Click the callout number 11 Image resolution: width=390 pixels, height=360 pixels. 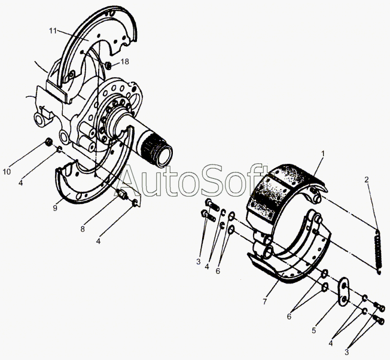[x=53, y=31]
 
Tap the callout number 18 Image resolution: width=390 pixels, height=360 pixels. [x=125, y=62]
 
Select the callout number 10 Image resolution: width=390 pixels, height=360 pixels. [x=7, y=172]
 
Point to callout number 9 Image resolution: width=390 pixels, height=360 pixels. [x=55, y=208]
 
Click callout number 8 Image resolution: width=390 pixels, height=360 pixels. [x=83, y=228]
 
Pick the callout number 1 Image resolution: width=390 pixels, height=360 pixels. [x=323, y=154]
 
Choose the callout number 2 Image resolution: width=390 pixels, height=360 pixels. [x=367, y=179]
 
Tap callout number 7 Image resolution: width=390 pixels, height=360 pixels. [x=264, y=301]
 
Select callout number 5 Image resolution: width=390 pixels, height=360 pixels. [x=314, y=330]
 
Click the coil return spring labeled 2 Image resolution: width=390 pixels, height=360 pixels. [x=377, y=252]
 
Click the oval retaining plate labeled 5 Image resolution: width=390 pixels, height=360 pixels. [x=344, y=291]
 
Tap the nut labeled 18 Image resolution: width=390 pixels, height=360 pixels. [x=108, y=66]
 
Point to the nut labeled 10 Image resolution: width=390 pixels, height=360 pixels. [x=49, y=142]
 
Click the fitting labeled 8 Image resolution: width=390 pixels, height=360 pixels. [x=121, y=194]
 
